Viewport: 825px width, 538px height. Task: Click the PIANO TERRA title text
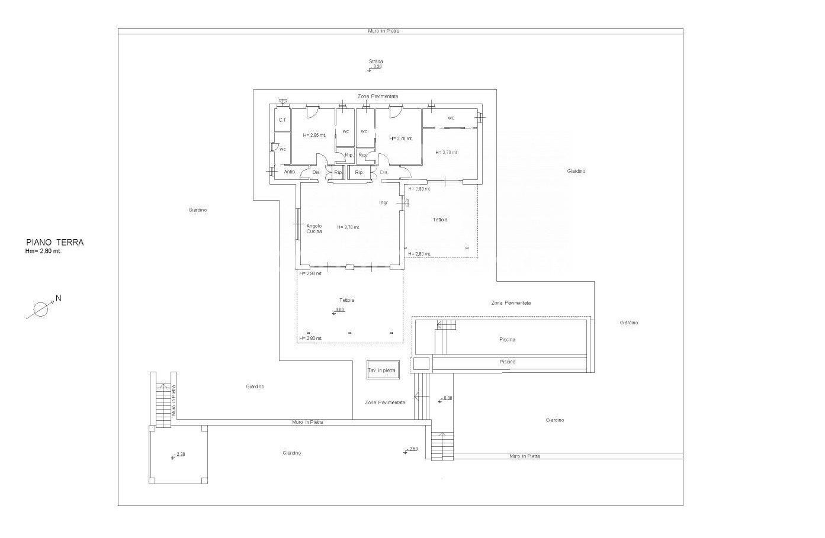point(54,242)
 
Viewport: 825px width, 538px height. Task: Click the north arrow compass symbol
point(41,308)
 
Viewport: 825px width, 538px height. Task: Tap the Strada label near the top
point(375,61)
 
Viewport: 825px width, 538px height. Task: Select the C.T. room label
point(283,120)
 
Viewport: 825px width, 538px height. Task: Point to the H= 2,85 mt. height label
point(314,136)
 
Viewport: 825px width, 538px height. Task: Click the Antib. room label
point(290,172)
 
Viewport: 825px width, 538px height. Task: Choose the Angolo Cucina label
point(314,228)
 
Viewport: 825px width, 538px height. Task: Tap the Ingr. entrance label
point(384,203)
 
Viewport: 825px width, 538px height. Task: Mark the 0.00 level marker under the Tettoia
point(339,310)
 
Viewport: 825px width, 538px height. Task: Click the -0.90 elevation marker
point(445,398)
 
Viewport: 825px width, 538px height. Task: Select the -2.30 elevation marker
point(179,455)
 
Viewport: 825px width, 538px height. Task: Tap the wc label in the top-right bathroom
point(451,118)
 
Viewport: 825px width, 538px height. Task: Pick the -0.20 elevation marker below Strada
point(375,67)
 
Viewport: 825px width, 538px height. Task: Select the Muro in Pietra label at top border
point(384,31)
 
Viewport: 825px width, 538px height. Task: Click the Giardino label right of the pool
point(628,323)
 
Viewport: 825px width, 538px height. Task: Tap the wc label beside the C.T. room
point(283,149)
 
